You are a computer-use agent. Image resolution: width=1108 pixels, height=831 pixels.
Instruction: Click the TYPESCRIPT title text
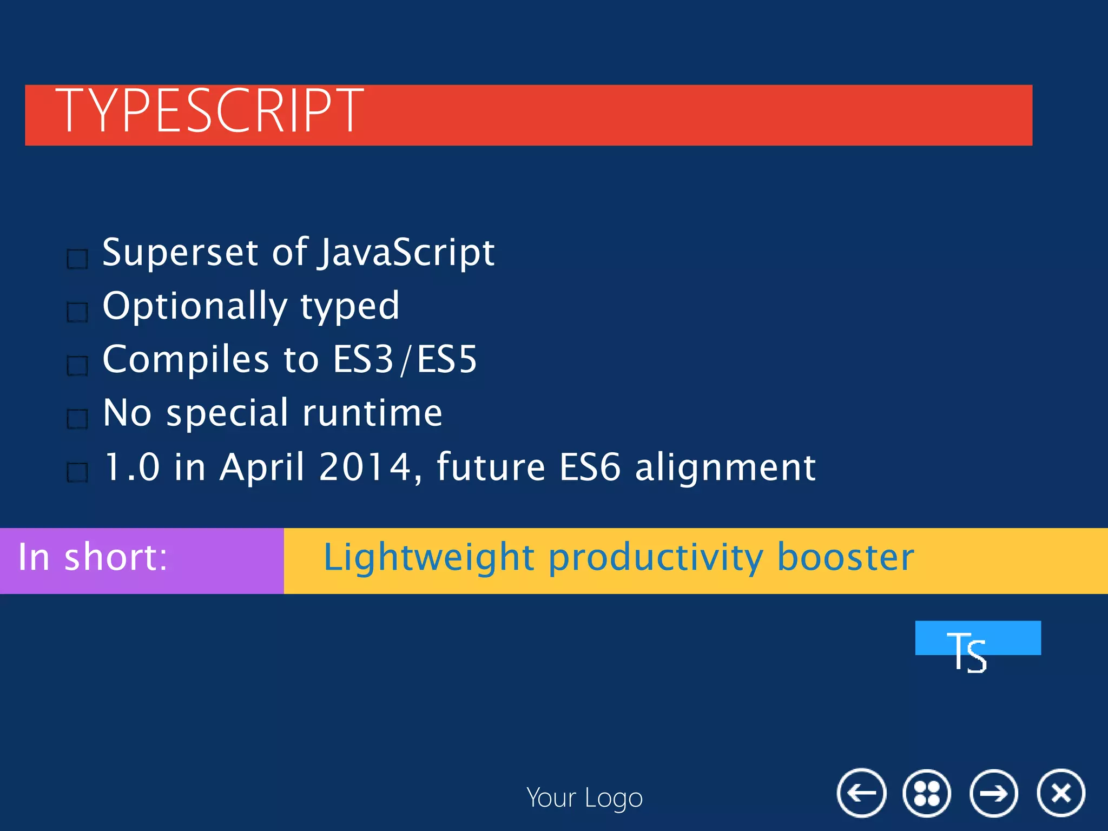click(210, 111)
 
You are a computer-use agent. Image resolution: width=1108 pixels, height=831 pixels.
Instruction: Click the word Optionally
click(195, 306)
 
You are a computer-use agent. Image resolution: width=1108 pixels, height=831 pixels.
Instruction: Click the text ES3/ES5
click(405, 359)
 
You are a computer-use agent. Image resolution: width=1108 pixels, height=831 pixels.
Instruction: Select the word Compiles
click(186, 359)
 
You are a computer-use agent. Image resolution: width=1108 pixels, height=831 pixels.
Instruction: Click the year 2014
click(366, 467)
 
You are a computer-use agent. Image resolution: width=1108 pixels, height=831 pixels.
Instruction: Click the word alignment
click(725, 467)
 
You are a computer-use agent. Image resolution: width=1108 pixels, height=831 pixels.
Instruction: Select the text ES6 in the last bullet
click(589, 467)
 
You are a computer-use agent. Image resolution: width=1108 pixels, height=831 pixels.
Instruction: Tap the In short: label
click(93, 557)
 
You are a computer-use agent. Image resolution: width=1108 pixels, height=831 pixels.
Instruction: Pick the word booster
click(845, 557)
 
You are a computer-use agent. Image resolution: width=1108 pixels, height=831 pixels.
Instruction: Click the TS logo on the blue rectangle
click(967, 651)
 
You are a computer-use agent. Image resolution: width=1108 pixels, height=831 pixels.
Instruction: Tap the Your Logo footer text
click(584, 798)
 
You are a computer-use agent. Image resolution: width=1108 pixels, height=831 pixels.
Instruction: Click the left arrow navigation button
click(861, 793)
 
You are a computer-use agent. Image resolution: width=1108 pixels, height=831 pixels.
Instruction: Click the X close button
click(1060, 793)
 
